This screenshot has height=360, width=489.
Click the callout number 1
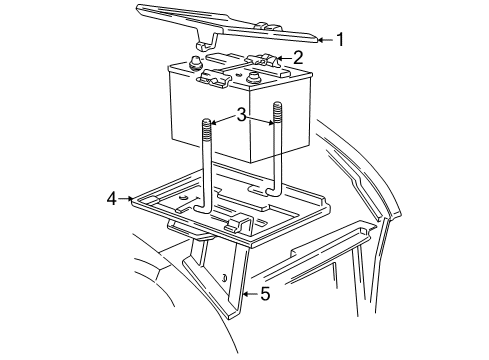[x=340, y=40]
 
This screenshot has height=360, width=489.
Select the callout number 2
[x=296, y=59]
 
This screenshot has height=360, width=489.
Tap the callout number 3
[x=240, y=116]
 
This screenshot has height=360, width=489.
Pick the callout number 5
[x=265, y=294]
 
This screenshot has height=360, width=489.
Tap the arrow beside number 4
[x=127, y=199]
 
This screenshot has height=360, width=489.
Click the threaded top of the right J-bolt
[x=277, y=114]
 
